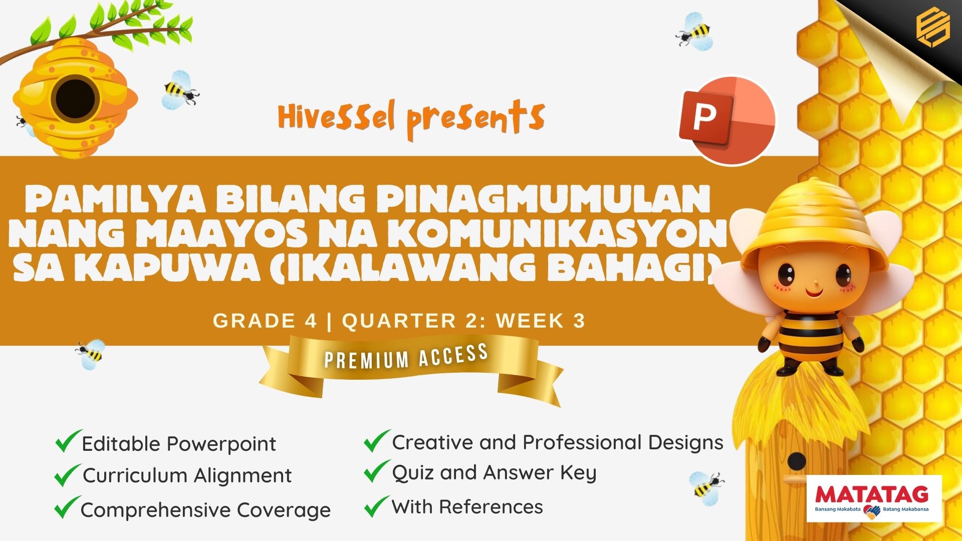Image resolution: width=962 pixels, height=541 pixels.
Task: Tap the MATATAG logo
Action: (874, 498)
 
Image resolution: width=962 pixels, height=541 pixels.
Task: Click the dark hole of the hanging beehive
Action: (76, 98)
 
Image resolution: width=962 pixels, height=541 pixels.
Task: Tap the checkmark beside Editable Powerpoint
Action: (68, 441)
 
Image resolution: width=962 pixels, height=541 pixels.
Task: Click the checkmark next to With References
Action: (377, 506)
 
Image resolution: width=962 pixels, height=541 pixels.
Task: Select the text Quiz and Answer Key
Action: (494, 473)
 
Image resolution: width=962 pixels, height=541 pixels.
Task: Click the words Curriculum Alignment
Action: (187, 475)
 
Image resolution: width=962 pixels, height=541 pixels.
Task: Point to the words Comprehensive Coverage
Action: (205, 510)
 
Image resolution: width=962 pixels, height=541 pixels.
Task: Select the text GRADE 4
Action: (265, 321)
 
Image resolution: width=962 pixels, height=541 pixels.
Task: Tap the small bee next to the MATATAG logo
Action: (706, 485)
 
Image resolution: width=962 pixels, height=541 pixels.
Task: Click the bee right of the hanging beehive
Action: (180, 90)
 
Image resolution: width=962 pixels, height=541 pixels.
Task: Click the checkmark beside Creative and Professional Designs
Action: (377, 441)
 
